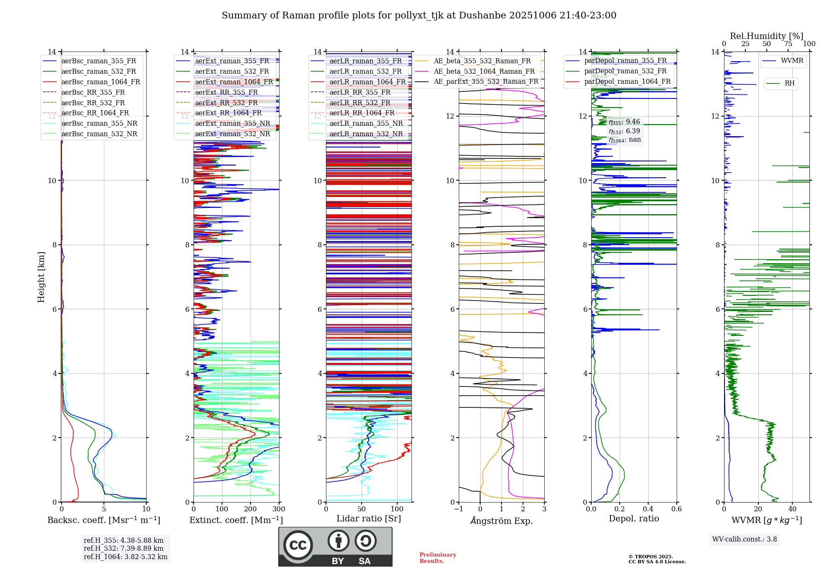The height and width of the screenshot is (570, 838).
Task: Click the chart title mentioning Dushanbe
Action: [x=419, y=16]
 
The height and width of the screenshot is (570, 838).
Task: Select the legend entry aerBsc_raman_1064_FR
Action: [x=101, y=82]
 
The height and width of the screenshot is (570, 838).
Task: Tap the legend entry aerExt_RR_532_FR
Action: [x=226, y=103]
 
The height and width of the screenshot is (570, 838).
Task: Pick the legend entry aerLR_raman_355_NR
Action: [x=366, y=124]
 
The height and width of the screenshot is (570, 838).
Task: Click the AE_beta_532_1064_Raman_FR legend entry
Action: [x=484, y=72]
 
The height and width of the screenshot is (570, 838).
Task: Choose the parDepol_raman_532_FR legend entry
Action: [x=625, y=71]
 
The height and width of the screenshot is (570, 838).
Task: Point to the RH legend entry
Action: [x=789, y=83]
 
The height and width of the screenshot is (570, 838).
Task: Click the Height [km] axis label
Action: [x=41, y=277]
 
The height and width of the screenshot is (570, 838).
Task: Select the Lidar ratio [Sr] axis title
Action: [x=369, y=519]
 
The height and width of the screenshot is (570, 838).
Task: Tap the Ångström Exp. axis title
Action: [x=502, y=521]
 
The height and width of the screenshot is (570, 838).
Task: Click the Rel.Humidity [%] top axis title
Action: [x=766, y=36]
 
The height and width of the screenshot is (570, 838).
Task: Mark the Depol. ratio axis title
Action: [x=634, y=519]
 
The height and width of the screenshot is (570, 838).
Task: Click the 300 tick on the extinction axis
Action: [x=279, y=509]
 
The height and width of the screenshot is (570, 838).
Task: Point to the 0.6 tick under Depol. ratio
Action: [x=676, y=509]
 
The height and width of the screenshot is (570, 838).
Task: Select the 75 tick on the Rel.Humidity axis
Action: [x=788, y=44]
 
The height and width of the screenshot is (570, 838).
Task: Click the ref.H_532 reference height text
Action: [x=124, y=549]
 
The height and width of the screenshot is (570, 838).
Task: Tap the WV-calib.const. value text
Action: [x=745, y=539]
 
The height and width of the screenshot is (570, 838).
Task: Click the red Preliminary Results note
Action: [x=437, y=558]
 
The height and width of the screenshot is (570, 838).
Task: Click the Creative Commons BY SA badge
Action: [x=335, y=547]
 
